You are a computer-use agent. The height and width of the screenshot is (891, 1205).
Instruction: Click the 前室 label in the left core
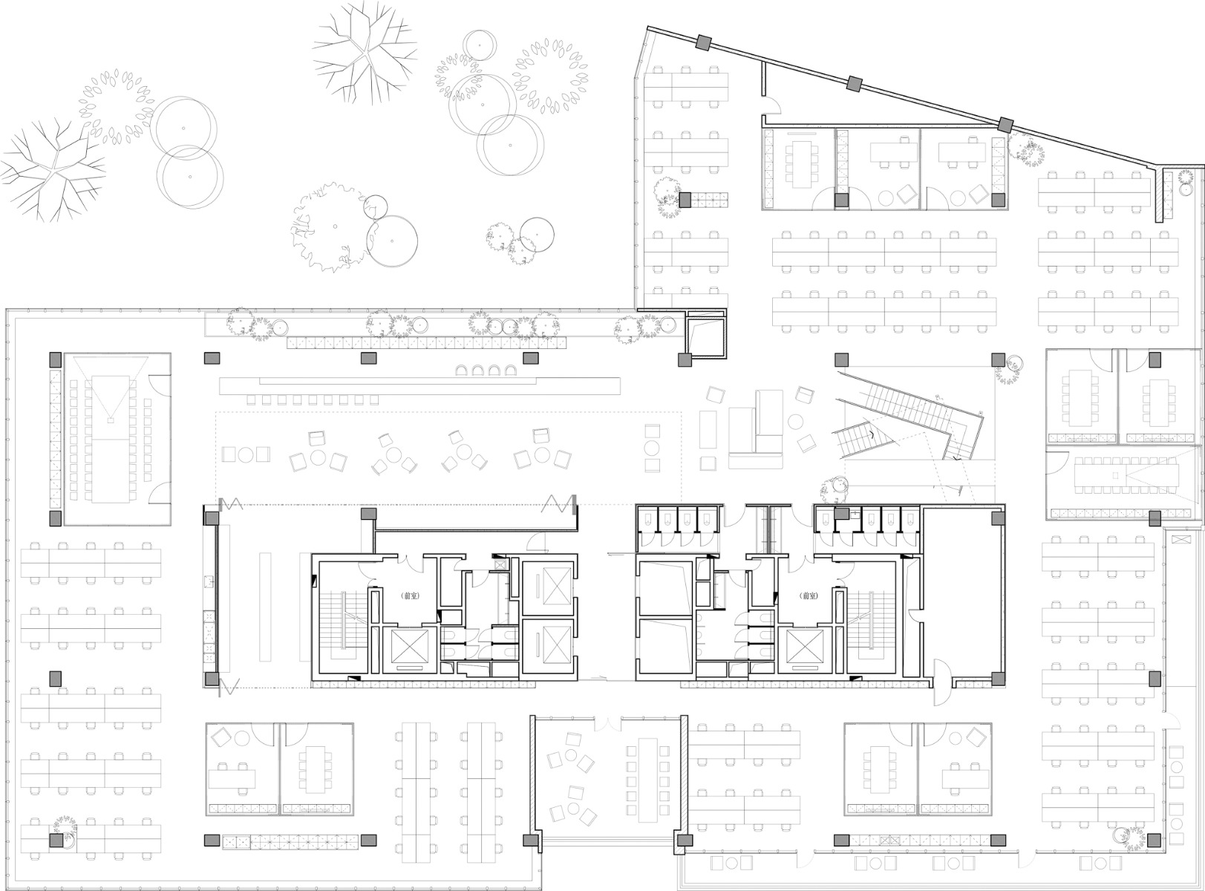pyautogui.click(x=410, y=595)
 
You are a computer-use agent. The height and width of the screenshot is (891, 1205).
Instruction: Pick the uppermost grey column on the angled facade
pyautogui.click(x=703, y=43)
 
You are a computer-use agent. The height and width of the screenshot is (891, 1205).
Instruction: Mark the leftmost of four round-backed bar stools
pyautogui.click(x=460, y=371)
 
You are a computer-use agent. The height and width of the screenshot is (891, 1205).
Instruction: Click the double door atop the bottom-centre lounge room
pyautogui.click(x=607, y=721)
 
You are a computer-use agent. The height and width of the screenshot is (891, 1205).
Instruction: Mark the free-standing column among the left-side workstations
pyautogui.click(x=55, y=679)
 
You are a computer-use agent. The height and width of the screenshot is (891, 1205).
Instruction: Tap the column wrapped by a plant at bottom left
pyautogui.click(x=55, y=840)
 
